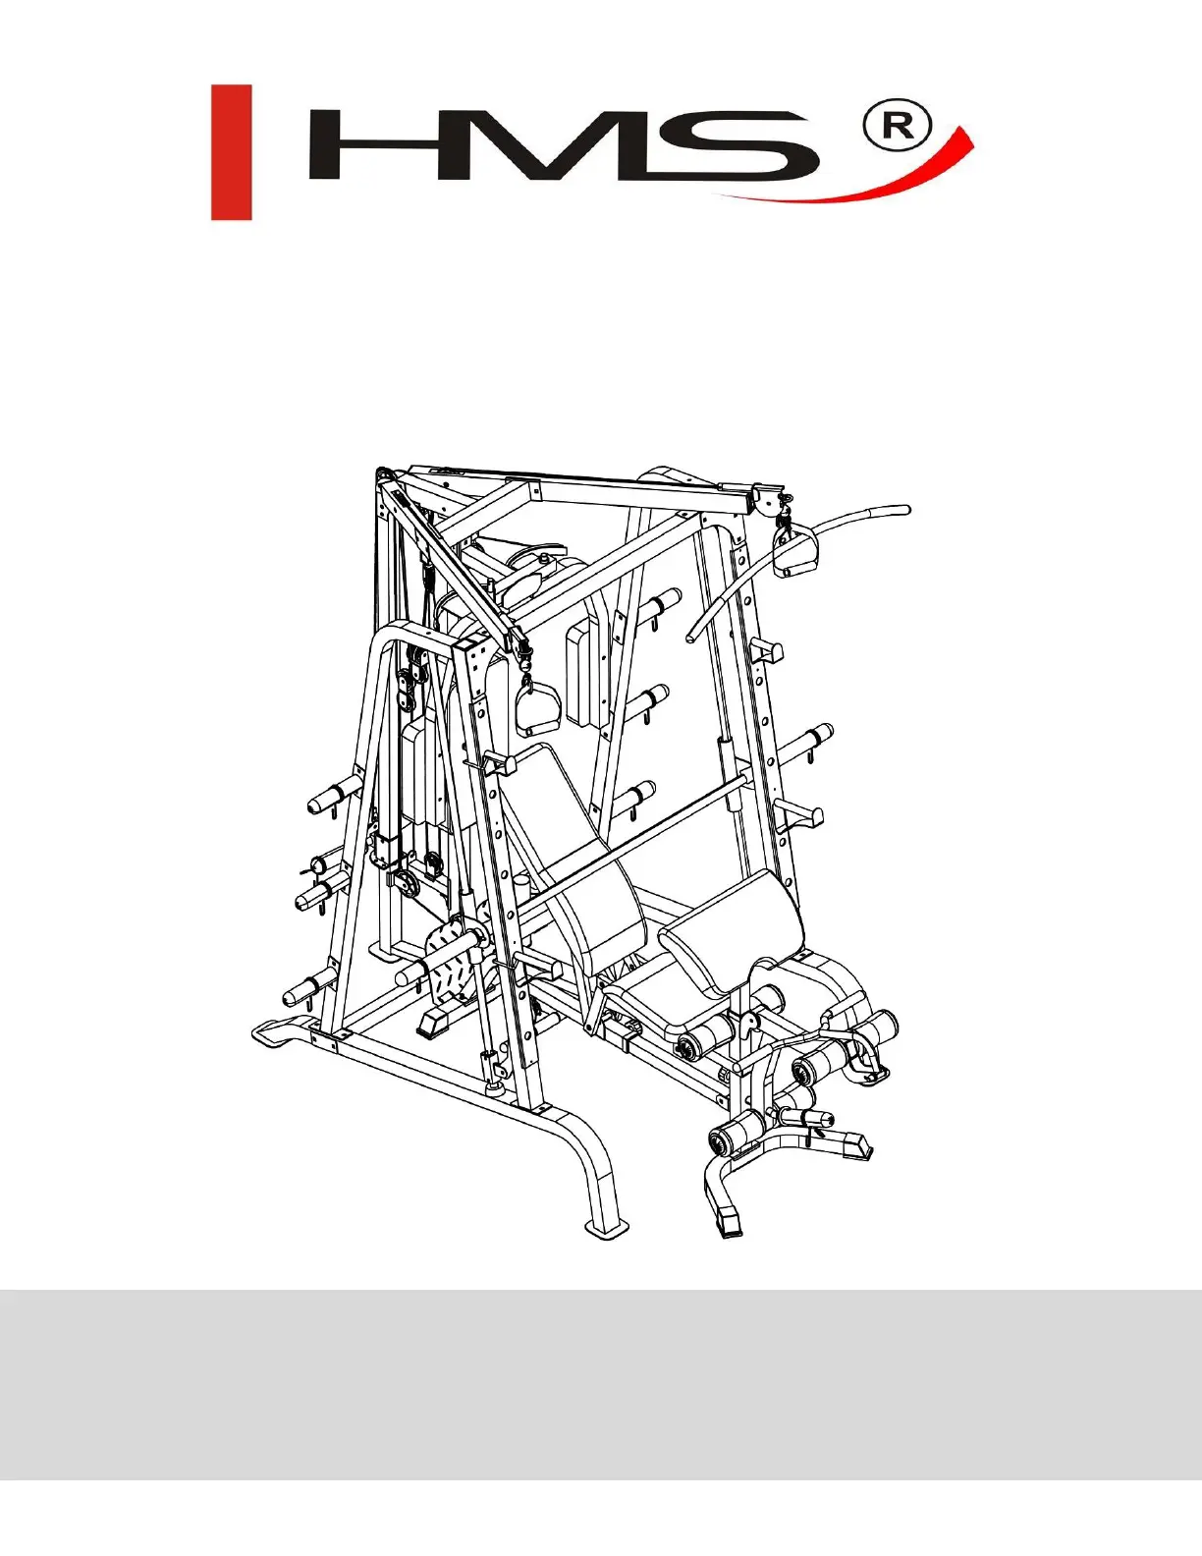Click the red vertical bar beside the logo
(x=231, y=152)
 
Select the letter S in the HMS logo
(x=738, y=144)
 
